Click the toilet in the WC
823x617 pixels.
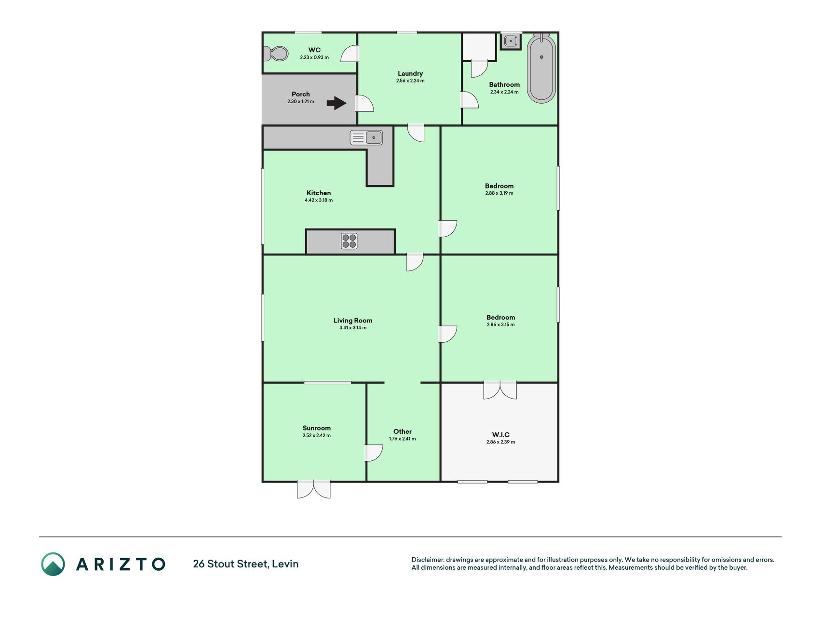[x=276, y=53]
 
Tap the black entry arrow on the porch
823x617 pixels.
[x=337, y=103]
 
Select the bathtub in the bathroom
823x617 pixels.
[x=541, y=68]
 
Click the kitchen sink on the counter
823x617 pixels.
[x=366, y=137]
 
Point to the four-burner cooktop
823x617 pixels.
[x=349, y=241]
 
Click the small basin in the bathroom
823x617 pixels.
[x=511, y=41]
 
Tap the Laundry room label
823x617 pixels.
[x=410, y=73]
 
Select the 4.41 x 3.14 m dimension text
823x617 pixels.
[x=353, y=328]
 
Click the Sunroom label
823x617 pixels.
[x=317, y=428]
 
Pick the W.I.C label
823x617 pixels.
[x=501, y=435]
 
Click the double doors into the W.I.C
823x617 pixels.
[x=500, y=390]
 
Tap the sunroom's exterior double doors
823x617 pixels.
[x=314, y=489]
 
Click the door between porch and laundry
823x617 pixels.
[x=364, y=104]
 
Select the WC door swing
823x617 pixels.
[x=351, y=54]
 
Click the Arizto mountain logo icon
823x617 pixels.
[x=53, y=564]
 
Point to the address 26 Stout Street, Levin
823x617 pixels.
[x=246, y=564]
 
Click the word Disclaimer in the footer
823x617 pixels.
[x=428, y=560]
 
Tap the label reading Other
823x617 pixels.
[x=403, y=431]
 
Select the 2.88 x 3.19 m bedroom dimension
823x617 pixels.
[x=499, y=193]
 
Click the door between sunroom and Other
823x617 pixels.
[x=374, y=453]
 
